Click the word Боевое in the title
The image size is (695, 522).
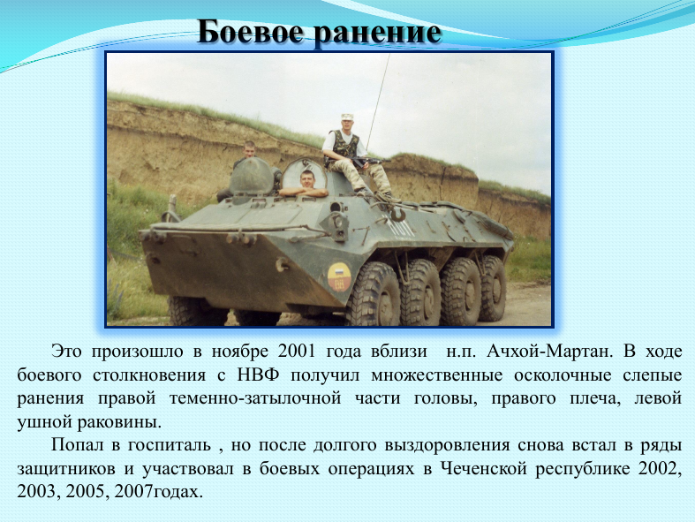pos(252,32)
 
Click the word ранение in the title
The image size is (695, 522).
pos(378,33)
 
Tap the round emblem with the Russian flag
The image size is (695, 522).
pos(339,276)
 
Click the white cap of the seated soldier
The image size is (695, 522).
pos(347,117)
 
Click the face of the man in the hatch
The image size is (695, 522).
pos(307,179)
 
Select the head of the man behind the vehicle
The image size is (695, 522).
pos(250,149)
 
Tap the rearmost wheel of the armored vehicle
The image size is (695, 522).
pos(493,288)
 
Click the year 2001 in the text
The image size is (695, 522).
pos(297,352)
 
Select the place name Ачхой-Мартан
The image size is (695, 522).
pos(549,352)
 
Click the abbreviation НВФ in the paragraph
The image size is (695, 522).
pos(259,374)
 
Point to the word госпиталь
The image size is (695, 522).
pos(170,445)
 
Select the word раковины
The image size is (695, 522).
pos(119,422)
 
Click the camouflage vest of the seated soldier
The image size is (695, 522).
pos(343,145)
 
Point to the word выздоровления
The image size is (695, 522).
pos(447,445)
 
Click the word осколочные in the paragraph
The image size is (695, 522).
pos(563,374)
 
